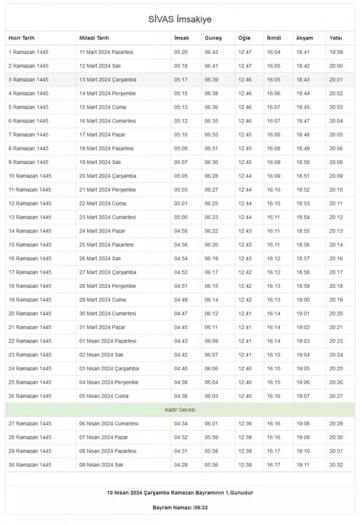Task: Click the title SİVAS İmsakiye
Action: pyautogui.click(x=180, y=19)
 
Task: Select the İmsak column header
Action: pyautogui.click(x=181, y=38)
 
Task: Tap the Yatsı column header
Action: pyautogui.click(x=336, y=38)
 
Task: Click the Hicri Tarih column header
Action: pyautogui.click(x=22, y=38)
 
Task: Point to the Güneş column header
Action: pyautogui.click(x=213, y=38)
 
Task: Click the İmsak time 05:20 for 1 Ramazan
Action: pyautogui.click(x=181, y=52)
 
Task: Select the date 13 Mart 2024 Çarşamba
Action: pyautogui.click(x=107, y=80)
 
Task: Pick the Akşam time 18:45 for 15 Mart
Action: pyautogui.click(x=303, y=107)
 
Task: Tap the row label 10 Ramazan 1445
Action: pyautogui.click(x=29, y=176)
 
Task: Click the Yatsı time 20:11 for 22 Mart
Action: pyautogui.click(x=336, y=203)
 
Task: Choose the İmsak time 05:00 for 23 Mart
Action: pyautogui.click(x=181, y=217)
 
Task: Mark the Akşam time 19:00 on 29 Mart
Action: pyautogui.click(x=303, y=300)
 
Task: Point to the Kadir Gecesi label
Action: pyautogui.click(x=180, y=410)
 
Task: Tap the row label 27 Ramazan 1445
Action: pyautogui.click(x=29, y=424)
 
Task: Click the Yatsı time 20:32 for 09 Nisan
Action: pyautogui.click(x=336, y=465)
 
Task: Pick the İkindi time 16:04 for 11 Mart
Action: pyautogui.click(x=273, y=52)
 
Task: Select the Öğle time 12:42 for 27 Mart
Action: pyautogui.click(x=244, y=272)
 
